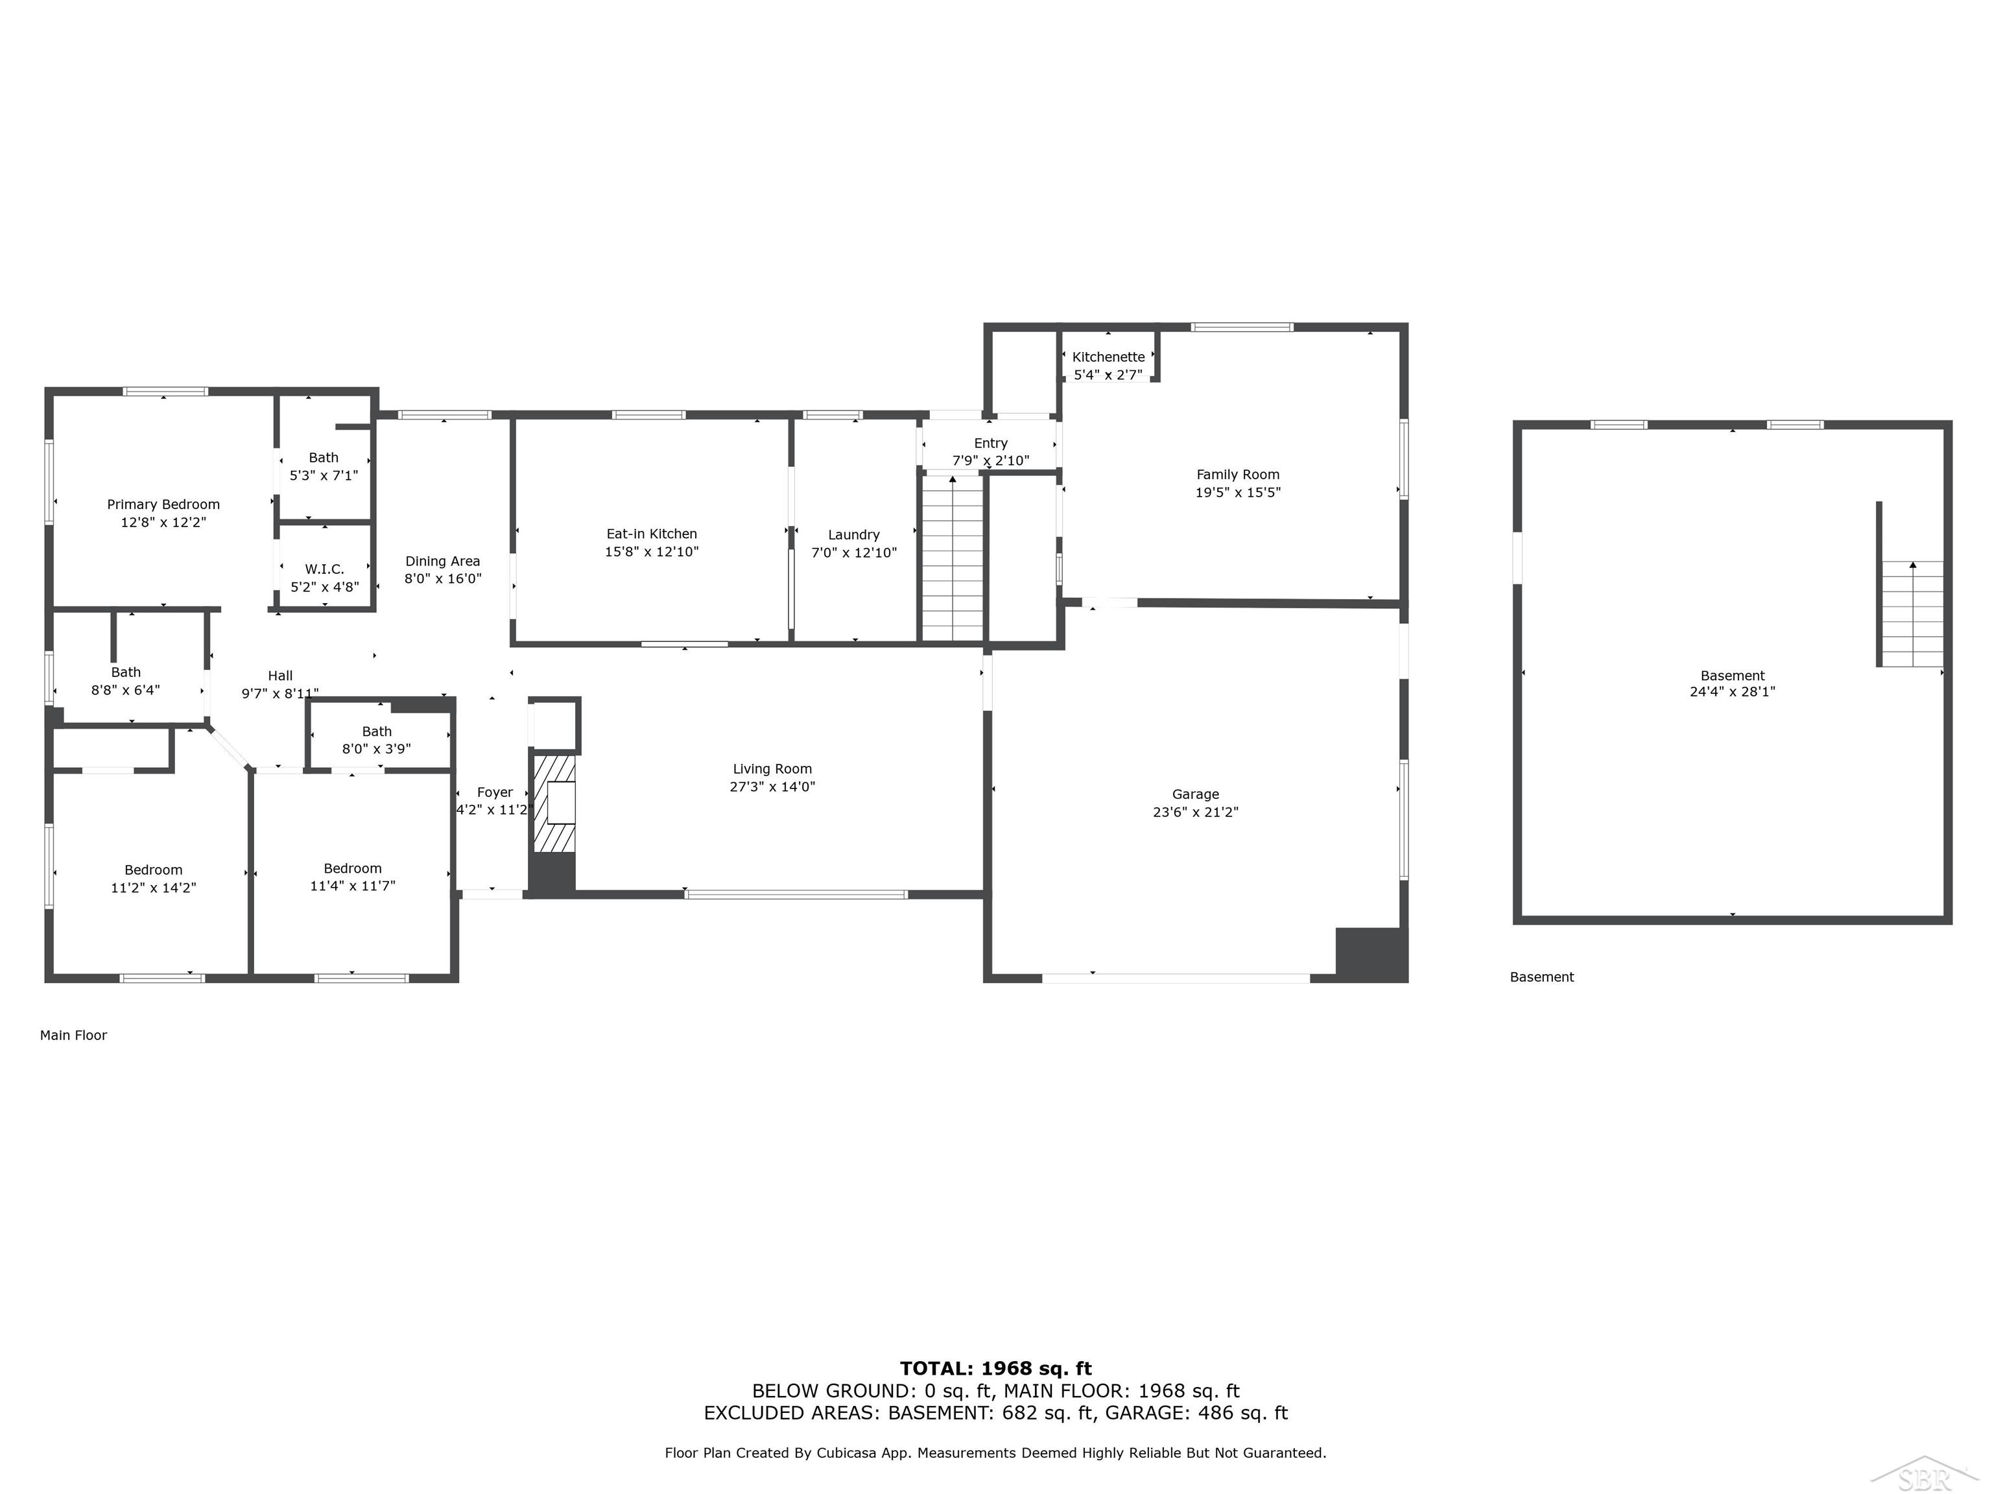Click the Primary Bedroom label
[x=163, y=504]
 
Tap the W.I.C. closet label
[x=324, y=569]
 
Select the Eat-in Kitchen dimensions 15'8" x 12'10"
[x=651, y=552]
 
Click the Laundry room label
[x=854, y=535]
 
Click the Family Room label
[x=1237, y=475]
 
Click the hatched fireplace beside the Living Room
[x=554, y=803]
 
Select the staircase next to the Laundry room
[x=952, y=558]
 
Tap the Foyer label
[x=494, y=792]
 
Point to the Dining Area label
[x=442, y=561]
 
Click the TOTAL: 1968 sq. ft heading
[x=995, y=1369]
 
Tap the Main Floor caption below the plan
[x=73, y=1036]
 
